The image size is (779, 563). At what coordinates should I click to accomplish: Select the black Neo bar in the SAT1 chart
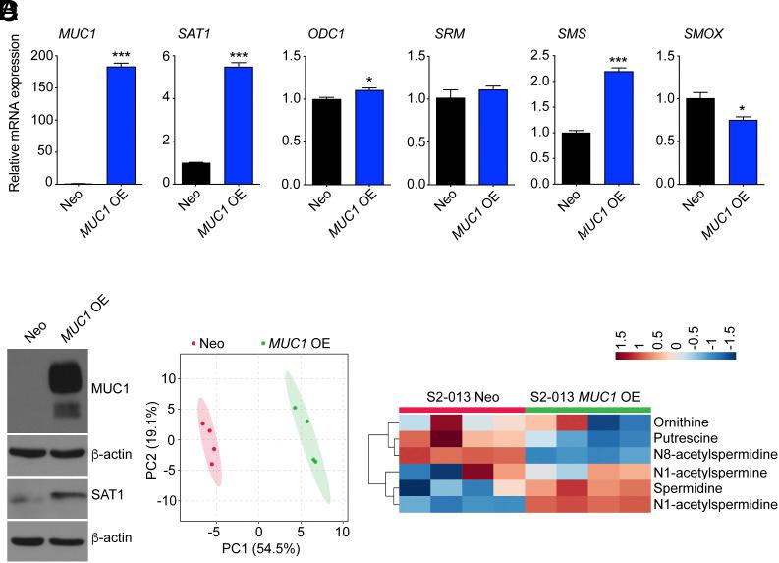click(195, 173)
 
